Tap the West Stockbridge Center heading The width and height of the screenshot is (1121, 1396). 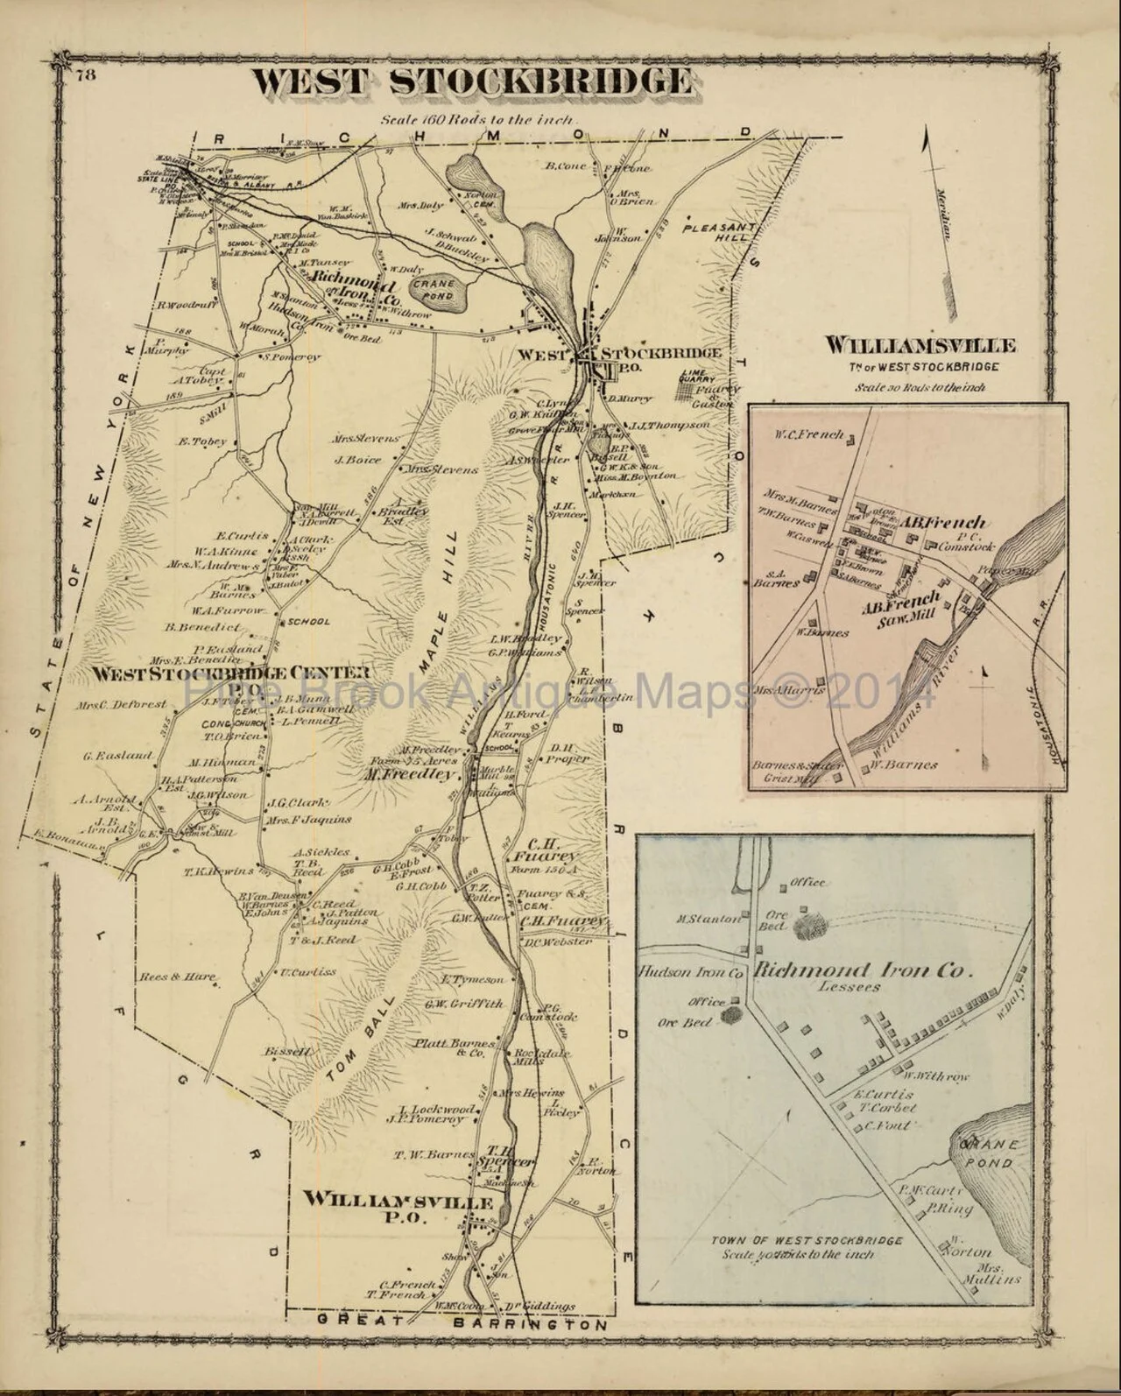229,673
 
